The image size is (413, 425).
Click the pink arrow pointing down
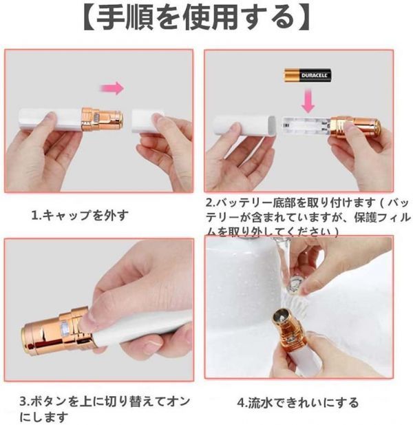coord(309,101)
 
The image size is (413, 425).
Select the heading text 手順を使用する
coord(195,20)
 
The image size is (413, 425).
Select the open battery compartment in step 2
coord(304,127)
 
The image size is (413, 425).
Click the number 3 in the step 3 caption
coord(22,402)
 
